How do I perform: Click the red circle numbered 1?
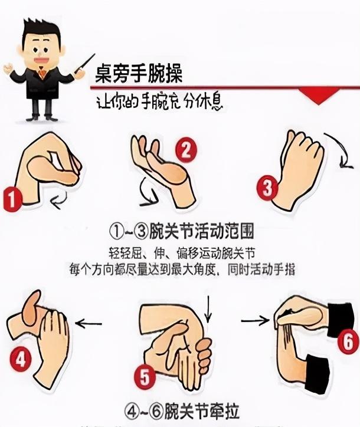pyautogui.click(x=12, y=200)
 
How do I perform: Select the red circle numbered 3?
pyautogui.click(x=267, y=189)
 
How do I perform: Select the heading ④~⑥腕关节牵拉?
pyautogui.click(x=179, y=409)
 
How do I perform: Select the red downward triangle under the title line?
pyautogui.click(x=319, y=94)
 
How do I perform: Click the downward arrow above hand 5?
pyautogui.click(x=207, y=309)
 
